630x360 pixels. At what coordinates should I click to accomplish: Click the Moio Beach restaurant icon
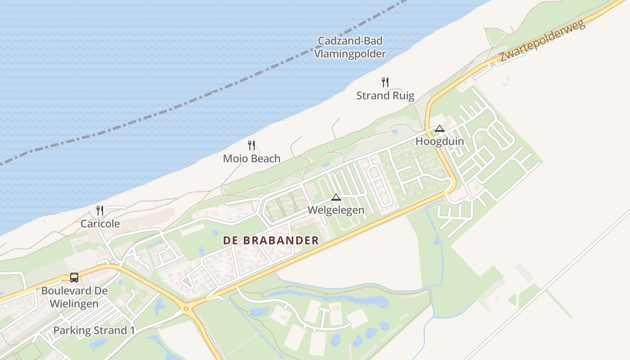252,145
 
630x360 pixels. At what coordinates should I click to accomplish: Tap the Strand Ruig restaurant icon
385,82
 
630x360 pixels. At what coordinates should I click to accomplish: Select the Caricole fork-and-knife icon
100,210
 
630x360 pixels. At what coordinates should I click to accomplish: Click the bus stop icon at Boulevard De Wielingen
74,278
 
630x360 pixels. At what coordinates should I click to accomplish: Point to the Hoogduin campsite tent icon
440,128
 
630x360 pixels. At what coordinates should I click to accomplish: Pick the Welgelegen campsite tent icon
336,197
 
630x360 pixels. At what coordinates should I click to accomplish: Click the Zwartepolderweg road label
542,41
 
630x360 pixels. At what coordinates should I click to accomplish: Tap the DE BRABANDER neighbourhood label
271,240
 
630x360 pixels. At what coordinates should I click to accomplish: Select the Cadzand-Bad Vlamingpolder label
350,47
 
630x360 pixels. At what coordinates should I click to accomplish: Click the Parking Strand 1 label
94,330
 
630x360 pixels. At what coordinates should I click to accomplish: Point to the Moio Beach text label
252,158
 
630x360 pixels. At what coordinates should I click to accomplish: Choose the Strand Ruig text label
385,95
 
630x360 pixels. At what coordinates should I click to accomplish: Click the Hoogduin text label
440,141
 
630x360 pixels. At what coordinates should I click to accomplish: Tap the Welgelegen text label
336,210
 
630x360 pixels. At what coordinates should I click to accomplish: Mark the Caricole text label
100,224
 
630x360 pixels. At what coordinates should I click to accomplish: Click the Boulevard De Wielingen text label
74,297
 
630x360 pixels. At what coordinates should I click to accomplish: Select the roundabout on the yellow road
186,309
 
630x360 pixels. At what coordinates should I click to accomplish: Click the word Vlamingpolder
350,54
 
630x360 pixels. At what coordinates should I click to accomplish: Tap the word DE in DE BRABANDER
230,240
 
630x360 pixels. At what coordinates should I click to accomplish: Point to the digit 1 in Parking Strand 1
132,330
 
